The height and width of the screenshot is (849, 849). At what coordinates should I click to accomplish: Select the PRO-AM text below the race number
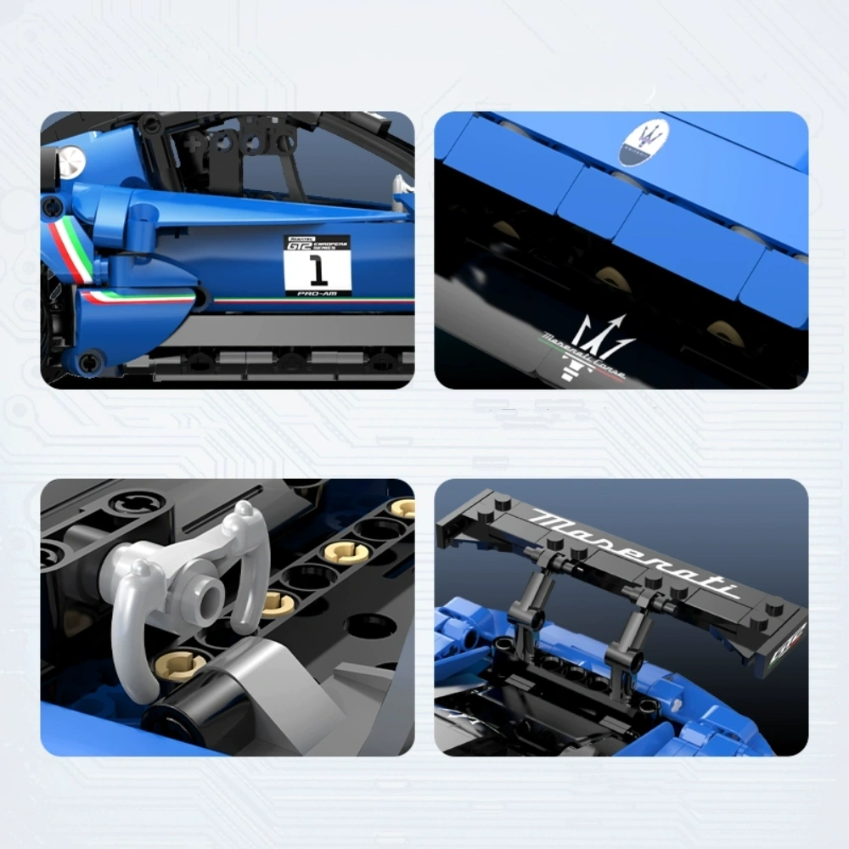tap(318, 292)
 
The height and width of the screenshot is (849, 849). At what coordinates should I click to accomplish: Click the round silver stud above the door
tap(72, 159)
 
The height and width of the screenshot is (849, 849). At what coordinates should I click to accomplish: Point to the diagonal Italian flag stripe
tap(70, 248)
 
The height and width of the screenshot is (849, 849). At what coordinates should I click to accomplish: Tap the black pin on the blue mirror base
tap(53, 205)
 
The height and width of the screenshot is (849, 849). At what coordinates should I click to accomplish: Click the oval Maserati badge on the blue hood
tap(644, 141)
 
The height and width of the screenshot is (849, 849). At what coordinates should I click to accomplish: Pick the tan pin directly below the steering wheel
tap(181, 664)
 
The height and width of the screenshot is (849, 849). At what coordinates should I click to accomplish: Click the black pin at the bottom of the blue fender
tap(88, 363)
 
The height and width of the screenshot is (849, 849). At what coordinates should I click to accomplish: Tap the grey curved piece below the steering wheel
tap(255, 688)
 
